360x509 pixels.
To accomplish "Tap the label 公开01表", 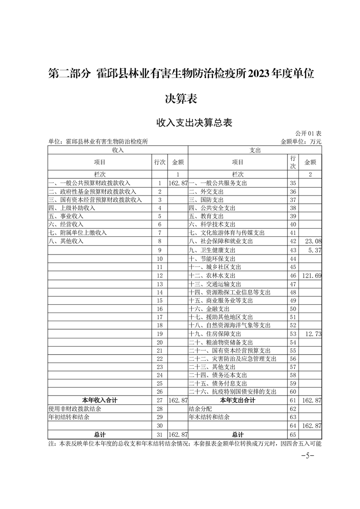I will pyautogui.click(x=308, y=134).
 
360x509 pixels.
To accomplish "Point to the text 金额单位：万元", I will pyautogui.click(x=301, y=142).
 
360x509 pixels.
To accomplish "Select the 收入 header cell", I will pyautogui.click(x=118, y=150).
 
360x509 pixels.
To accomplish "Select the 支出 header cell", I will pyautogui.click(x=255, y=150).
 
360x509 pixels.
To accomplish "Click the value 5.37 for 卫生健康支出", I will pyautogui.click(x=315, y=250).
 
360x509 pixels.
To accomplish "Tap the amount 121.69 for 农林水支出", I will pyautogui.click(x=312, y=275).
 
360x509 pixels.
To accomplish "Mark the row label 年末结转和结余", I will pyautogui.click(x=209, y=417).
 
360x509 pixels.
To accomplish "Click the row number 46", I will pyautogui.click(x=293, y=275).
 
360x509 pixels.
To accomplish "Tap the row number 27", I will pyautogui.click(x=159, y=400).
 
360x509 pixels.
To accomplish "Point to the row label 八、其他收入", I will pyautogui.click(x=66, y=241).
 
